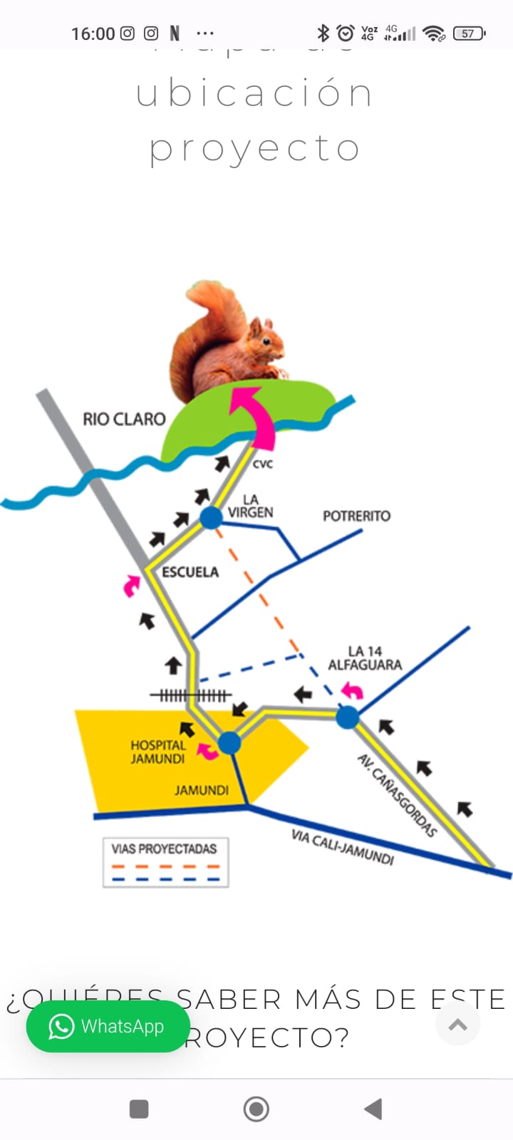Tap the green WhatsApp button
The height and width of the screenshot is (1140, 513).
(108, 1027)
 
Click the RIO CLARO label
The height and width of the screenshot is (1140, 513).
(124, 419)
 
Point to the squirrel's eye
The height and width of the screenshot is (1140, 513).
(267, 341)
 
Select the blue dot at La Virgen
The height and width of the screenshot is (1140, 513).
(211, 517)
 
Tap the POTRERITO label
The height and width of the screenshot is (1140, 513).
(356, 515)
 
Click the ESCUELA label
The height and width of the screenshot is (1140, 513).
(190, 572)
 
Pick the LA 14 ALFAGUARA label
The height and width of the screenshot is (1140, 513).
(365, 658)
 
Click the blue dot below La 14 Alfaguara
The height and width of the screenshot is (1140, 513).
(348, 717)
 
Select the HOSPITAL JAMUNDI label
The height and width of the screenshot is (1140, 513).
(157, 752)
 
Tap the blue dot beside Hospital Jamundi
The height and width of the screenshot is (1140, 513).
(229, 743)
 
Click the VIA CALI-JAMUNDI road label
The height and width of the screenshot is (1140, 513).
(342, 846)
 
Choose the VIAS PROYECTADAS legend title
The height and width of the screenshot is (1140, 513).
(164, 849)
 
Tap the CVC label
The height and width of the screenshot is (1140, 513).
(263, 464)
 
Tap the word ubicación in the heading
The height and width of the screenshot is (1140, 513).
(254, 94)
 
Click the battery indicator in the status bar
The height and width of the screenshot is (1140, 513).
(469, 33)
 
